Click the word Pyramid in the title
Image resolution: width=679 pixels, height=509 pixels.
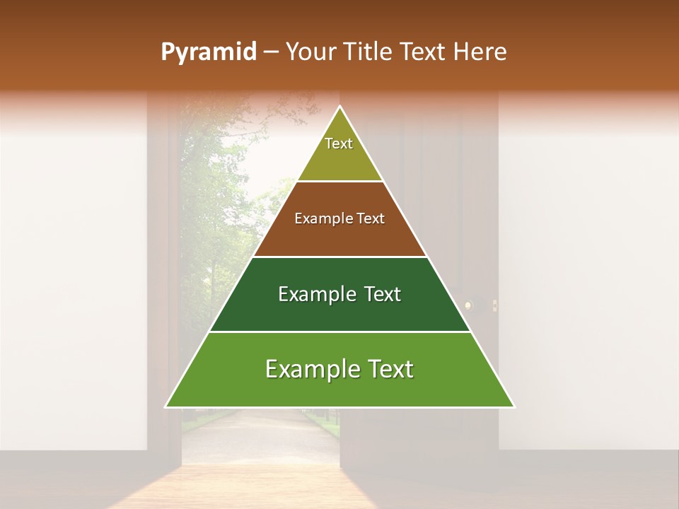click(208, 52)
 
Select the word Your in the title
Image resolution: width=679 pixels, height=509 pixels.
click(311, 52)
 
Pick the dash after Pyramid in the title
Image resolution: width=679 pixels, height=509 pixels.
click(270, 53)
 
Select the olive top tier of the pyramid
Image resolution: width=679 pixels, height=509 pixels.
click(339, 159)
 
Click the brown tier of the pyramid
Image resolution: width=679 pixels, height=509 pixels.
click(339, 233)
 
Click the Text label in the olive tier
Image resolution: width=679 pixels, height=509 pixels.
click(339, 144)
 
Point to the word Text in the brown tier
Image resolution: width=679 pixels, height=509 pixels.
click(370, 219)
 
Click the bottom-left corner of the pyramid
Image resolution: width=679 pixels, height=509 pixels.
click(166, 406)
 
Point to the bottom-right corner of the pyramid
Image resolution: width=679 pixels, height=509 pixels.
click(513, 406)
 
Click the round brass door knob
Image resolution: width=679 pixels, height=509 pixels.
click(468, 305)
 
